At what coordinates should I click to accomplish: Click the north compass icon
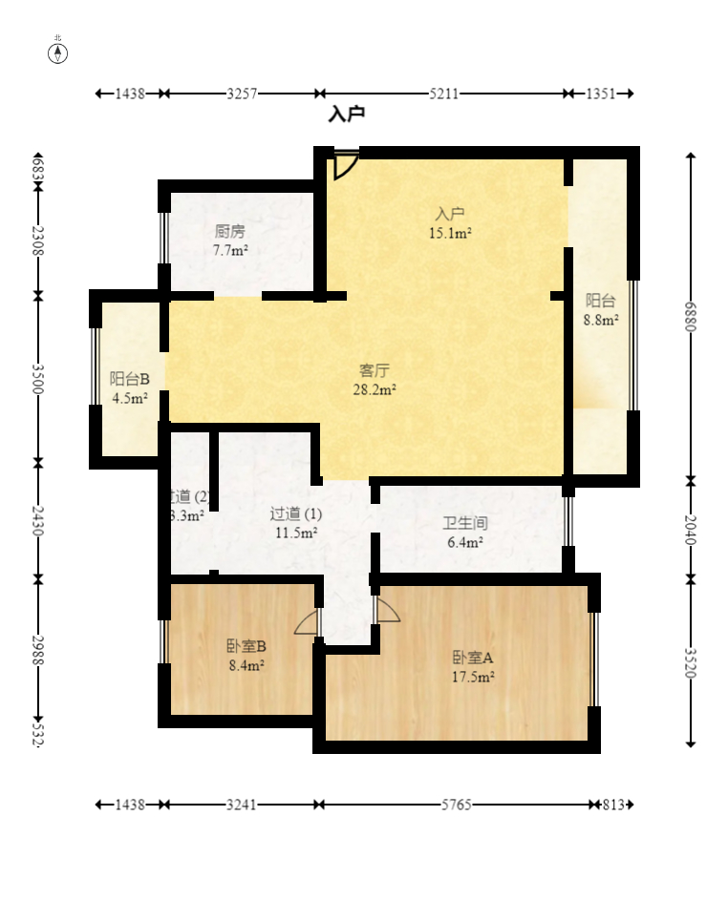point(58,52)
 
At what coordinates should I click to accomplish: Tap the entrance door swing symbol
point(345,165)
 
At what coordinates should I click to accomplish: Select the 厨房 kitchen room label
point(230,231)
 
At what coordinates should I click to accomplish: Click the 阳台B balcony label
point(129,379)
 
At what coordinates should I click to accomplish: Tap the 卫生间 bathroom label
point(464,523)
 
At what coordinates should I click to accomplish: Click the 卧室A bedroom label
point(472,658)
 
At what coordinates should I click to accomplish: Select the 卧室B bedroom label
point(246,645)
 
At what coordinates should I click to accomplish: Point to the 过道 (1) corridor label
point(296,513)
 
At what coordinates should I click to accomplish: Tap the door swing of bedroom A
point(387,611)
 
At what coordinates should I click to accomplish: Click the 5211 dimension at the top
point(444,94)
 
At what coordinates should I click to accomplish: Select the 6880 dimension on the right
point(691,316)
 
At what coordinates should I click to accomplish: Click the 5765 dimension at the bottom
point(457,805)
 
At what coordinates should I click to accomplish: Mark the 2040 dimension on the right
point(691,530)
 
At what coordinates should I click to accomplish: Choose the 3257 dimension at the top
point(242,94)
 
